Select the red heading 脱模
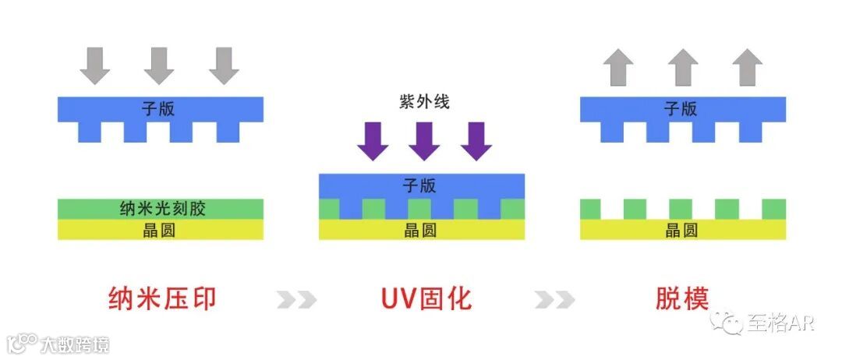point(682,299)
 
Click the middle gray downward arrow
point(159,65)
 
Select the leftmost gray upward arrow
point(620,66)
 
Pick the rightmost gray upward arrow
point(748,66)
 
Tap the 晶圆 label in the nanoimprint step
point(160,229)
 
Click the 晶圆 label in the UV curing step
point(421,229)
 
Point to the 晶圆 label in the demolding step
point(681,229)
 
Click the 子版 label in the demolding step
point(681,109)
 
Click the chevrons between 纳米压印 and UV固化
point(297,299)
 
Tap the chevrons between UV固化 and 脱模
point(555,299)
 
